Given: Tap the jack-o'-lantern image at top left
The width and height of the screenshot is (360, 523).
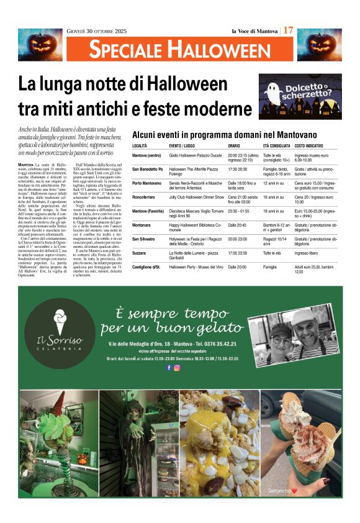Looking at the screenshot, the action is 40,44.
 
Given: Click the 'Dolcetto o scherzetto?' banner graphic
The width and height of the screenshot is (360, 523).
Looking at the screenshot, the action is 300,96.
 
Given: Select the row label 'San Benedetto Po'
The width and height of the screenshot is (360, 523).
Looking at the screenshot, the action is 148,169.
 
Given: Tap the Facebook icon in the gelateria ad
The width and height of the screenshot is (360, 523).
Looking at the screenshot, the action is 168,367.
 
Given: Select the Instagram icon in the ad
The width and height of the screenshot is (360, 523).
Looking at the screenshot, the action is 177,367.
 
